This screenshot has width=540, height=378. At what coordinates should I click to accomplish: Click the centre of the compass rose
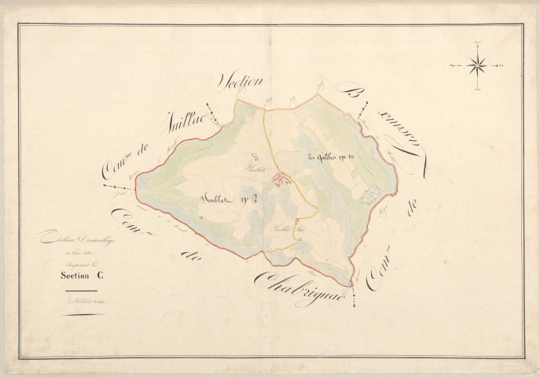coord(477,65)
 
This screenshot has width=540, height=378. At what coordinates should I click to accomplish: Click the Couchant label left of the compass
coord(454,65)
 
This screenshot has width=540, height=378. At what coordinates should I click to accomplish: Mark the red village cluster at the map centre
coord(281,180)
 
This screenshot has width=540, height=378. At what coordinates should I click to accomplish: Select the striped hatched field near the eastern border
coord(370,195)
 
